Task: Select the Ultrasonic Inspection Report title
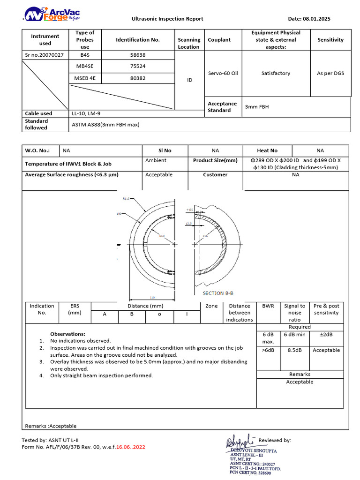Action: click(167, 19)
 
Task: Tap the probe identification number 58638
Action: click(137, 55)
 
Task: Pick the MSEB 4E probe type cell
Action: click(84, 78)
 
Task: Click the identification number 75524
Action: click(137, 67)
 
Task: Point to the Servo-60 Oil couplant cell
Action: click(223, 73)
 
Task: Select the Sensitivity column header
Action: click(330, 40)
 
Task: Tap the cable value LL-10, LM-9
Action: click(85, 113)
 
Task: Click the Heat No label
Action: click(267, 150)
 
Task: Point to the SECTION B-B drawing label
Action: click(218, 293)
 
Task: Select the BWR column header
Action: click(268, 306)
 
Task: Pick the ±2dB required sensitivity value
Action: click(326, 334)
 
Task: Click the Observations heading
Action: click(67, 334)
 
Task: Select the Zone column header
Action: click(211, 306)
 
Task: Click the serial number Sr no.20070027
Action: click(44, 55)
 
